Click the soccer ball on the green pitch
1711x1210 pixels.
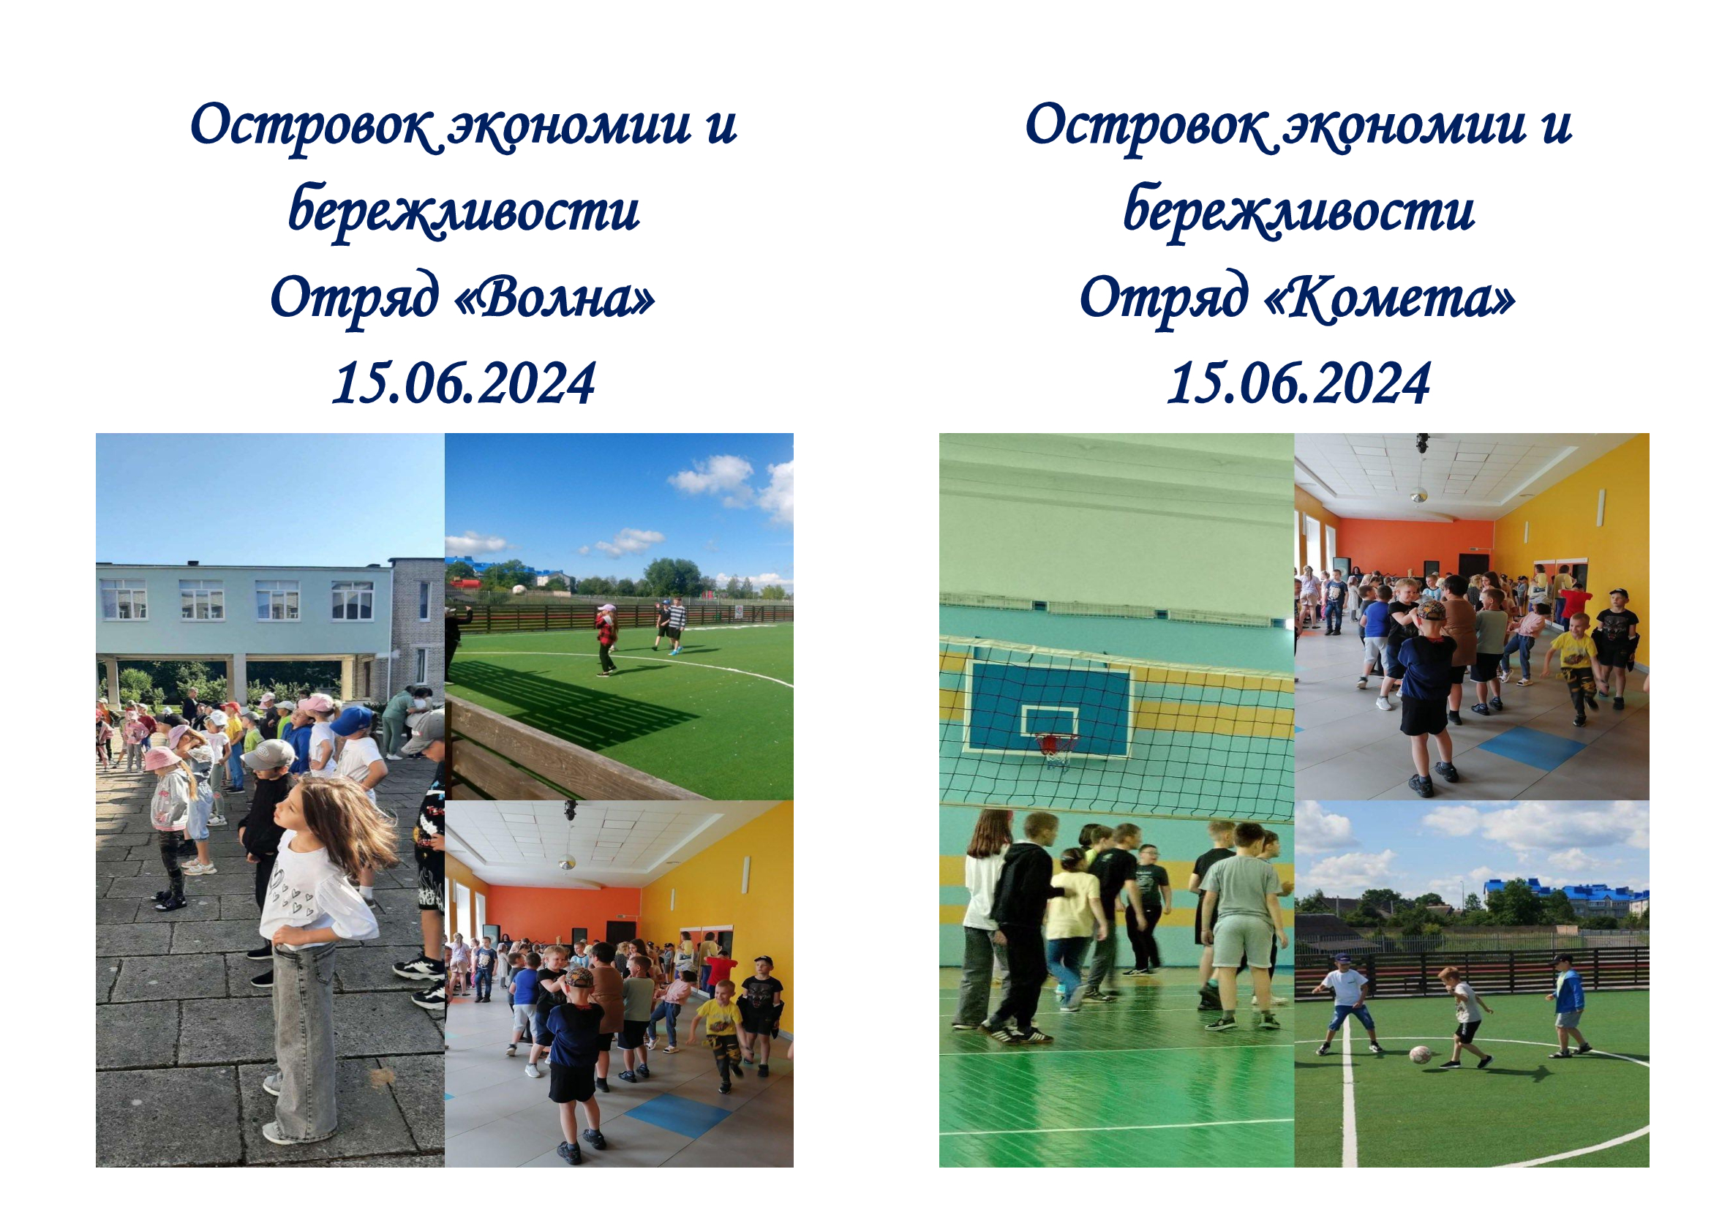[1419, 1054]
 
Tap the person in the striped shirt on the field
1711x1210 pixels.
[674, 626]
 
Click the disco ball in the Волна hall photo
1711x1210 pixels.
[567, 863]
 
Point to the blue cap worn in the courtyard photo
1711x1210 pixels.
[350, 720]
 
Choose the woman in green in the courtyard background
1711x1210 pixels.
[397, 720]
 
